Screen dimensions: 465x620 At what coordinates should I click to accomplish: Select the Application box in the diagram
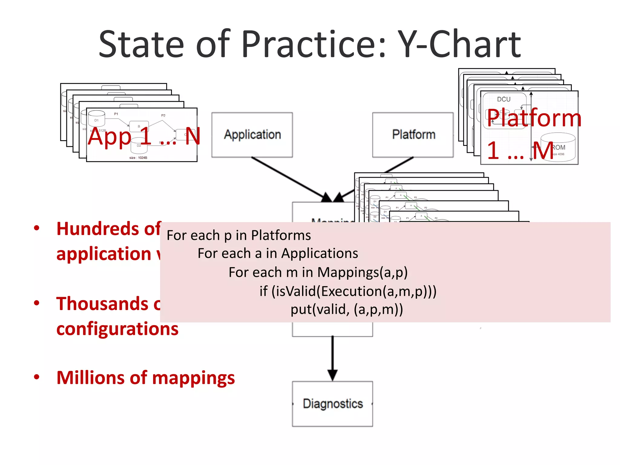pos(252,135)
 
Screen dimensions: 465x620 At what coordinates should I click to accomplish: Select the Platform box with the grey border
pos(413,135)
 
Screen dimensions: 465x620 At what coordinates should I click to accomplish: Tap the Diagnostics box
pos(332,404)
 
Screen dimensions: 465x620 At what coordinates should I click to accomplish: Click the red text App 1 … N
pos(144,136)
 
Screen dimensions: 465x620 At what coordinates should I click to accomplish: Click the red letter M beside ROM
pos(543,150)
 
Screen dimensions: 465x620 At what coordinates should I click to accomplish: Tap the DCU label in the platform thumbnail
pos(504,99)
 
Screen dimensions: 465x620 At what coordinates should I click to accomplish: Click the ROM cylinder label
pos(559,147)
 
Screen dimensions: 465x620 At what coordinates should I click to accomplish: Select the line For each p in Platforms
pos(239,235)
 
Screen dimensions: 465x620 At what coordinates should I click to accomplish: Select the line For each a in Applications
pos(278,253)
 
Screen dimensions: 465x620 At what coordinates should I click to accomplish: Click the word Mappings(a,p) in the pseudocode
pos(362,272)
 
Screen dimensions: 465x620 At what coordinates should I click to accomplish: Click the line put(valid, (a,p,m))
pos(347,309)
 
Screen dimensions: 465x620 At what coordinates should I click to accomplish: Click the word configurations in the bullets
pos(117,329)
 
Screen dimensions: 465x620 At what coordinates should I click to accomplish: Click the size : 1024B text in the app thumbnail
pos(138,158)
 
